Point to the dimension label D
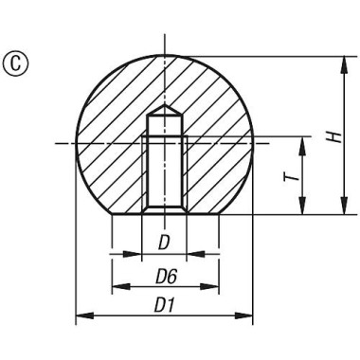164,243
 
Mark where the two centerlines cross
164,142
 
